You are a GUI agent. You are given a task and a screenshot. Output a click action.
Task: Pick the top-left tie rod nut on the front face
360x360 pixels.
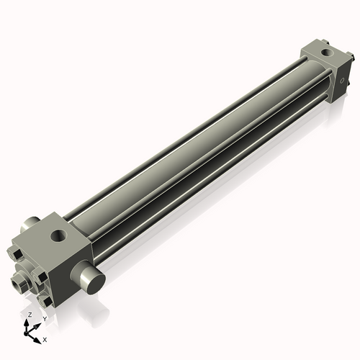point(15,253)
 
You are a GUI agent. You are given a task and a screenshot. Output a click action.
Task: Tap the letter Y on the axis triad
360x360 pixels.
point(44,318)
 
